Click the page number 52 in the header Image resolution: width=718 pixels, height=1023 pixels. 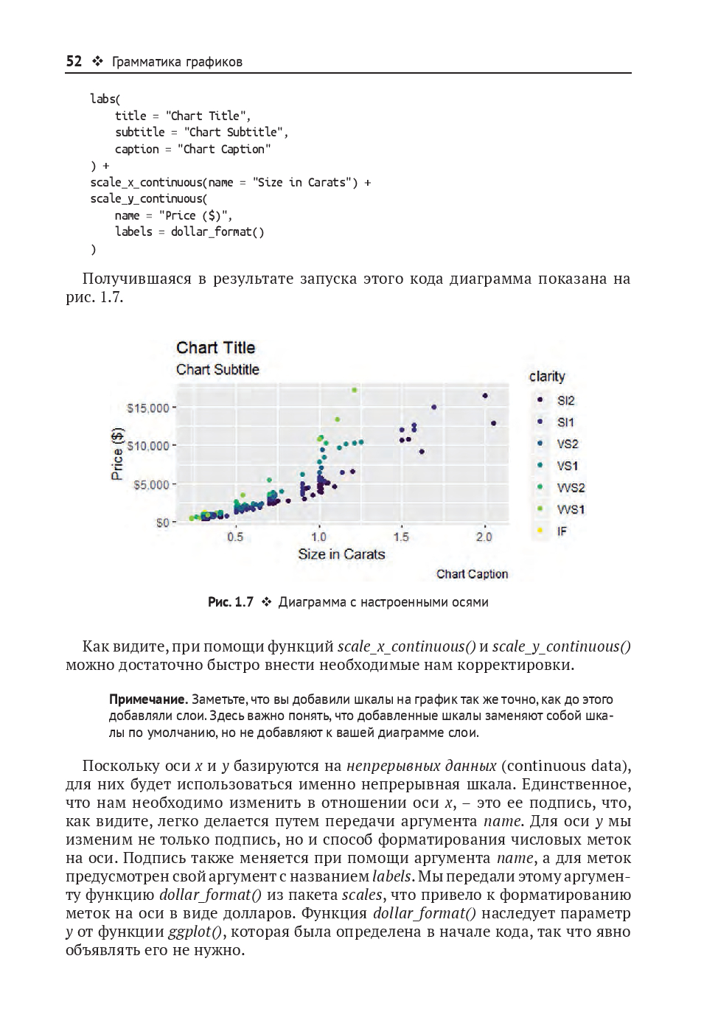tap(74, 61)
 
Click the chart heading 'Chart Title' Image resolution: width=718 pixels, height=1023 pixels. tap(215, 348)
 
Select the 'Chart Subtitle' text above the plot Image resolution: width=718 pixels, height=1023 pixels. tap(217, 370)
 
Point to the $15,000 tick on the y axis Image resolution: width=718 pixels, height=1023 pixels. tap(148, 408)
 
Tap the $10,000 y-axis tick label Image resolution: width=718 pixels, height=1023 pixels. tap(148, 446)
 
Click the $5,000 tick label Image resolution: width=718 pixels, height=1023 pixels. tap(151, 485)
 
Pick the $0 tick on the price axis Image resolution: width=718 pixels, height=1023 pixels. tap(162, 523)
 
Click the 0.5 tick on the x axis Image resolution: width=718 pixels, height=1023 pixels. tap(235, 537)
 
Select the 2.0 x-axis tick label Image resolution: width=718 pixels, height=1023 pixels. tap(484, 537)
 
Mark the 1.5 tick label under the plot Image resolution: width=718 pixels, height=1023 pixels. tap(401, 537)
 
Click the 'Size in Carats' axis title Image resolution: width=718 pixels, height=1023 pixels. tap(341, 554)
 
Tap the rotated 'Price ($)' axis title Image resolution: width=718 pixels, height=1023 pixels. tap(117, 454)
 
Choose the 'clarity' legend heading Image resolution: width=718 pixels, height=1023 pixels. tap(547, 377)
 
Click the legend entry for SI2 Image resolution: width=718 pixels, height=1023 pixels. tap(565, 401)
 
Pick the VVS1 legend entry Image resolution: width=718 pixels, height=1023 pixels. tap(571, 509)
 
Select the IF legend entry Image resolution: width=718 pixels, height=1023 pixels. tap(562, 531)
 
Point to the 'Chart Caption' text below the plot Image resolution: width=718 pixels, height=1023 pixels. tap(472, 574)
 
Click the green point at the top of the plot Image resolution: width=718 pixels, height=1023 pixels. tap(355, 390)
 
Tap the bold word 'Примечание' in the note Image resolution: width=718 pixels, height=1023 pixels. tap(147, 699)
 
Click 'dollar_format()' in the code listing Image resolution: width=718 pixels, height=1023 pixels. tap(217, 232)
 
